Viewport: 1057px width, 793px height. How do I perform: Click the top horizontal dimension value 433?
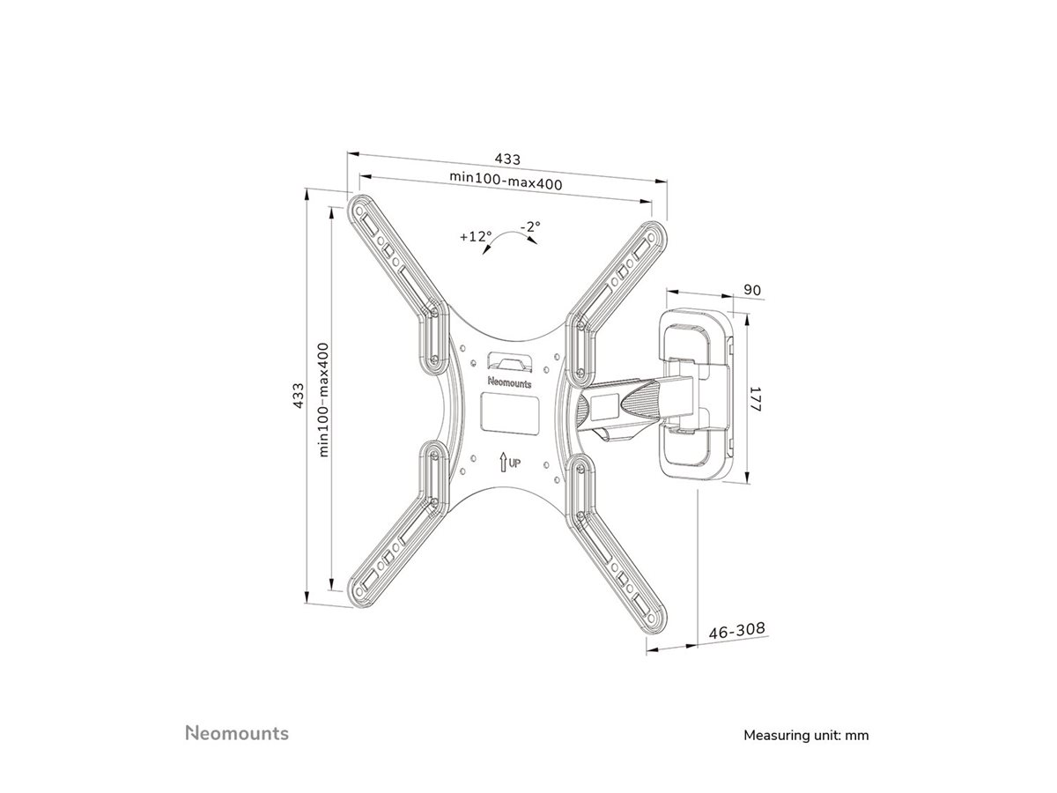click(x=506, y=159)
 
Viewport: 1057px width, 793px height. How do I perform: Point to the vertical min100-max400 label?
click(x=323, y=399)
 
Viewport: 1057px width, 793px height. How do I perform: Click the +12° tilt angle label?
click(x=475, y=236)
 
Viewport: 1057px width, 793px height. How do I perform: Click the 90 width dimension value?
click(x=751, y=290)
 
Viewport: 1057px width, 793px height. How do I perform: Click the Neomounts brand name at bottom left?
click(x=236, y=708)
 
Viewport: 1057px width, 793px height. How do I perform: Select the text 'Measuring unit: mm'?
click(x=794, y=709)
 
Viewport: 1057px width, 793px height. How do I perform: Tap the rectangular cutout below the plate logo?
click(x=509, y=412)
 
